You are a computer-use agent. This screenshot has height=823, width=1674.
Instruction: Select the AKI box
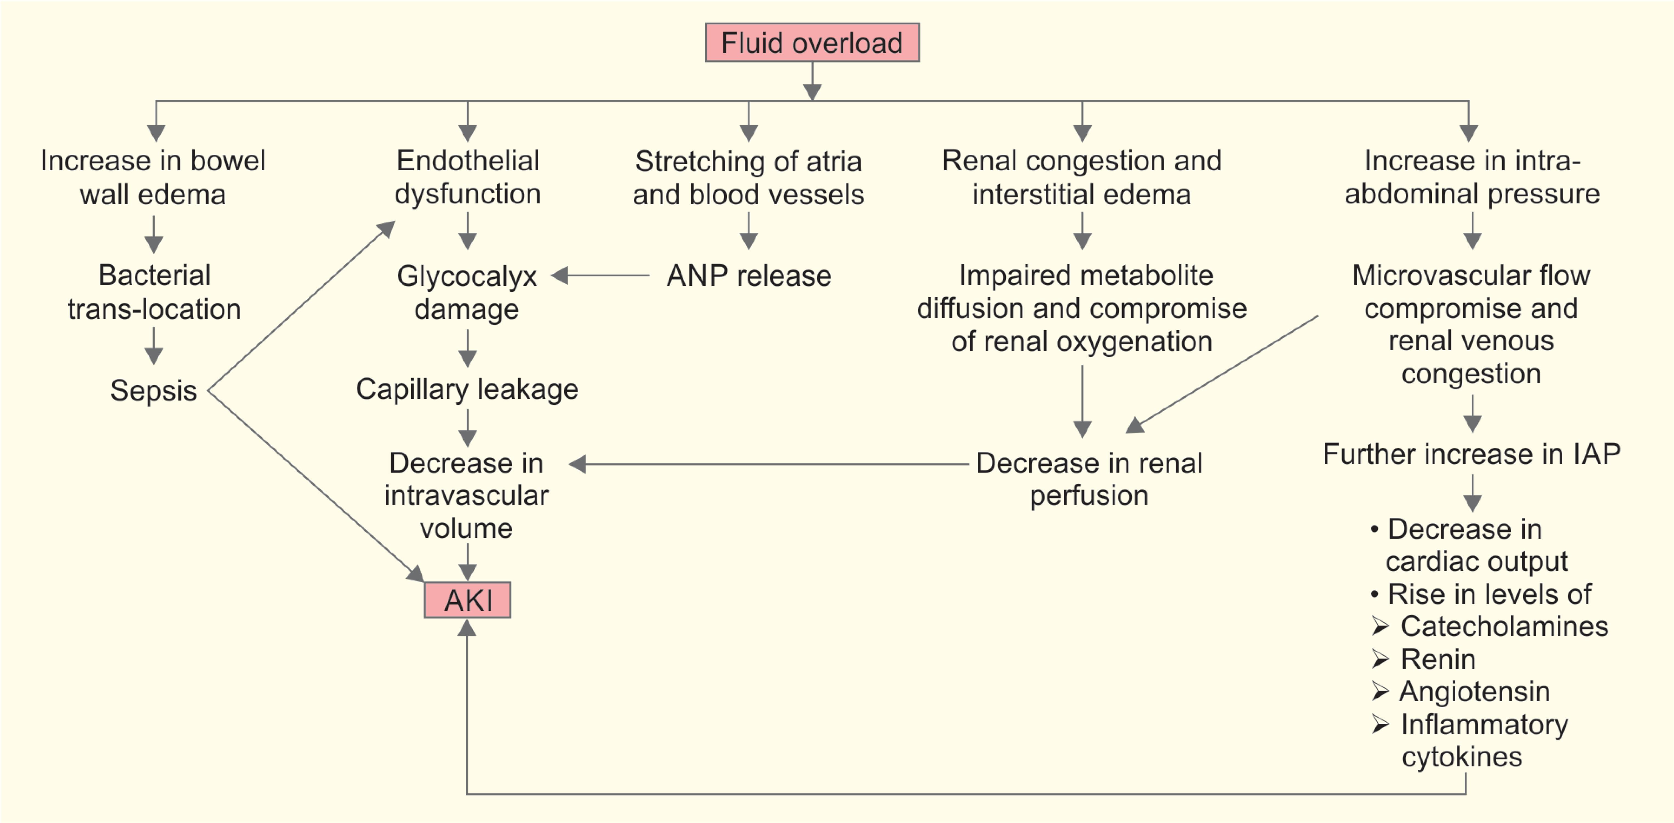click(x=467, y=599)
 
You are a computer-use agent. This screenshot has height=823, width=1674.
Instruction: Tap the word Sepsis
click(x=153, y=391)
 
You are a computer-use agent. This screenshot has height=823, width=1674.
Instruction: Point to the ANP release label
click(x=749, y=276)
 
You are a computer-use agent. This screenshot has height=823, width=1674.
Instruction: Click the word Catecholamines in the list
click(x=1504, y=626)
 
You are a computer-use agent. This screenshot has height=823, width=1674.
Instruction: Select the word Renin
click(x=1438, y=659)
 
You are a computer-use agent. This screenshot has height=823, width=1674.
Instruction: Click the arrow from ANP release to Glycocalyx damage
click(x=601, y=276)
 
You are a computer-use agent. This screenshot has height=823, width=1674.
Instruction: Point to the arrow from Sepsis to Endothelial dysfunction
click(x=302, y=305)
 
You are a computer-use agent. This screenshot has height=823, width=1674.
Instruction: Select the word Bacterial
click(x=154, y=275)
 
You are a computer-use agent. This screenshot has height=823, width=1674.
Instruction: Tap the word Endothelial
click(x=468, y=161)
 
